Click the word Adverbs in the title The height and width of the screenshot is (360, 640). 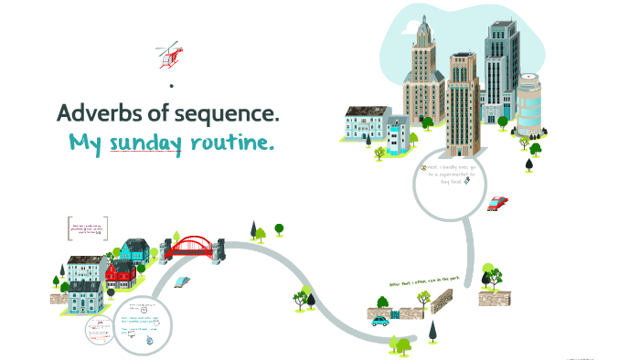[98, 114]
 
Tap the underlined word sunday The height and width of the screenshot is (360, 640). [144, 143]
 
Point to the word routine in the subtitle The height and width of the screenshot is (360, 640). [231, 143]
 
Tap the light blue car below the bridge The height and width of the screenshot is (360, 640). [182, 281]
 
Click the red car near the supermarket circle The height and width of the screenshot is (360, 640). [497, 203]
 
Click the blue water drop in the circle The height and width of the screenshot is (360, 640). [149, 338]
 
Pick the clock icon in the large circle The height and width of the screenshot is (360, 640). [144, 310]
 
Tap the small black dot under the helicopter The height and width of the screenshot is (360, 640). [171, 85]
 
